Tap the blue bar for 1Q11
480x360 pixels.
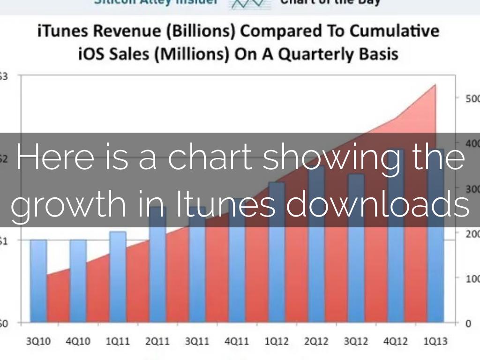[118, 277]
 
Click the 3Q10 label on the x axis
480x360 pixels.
[38, 341]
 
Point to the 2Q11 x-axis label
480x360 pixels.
[157, 341]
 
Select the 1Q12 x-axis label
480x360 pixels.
[277, 341]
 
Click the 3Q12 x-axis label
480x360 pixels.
[356, 341]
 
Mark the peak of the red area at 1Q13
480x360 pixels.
[435, 85]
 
